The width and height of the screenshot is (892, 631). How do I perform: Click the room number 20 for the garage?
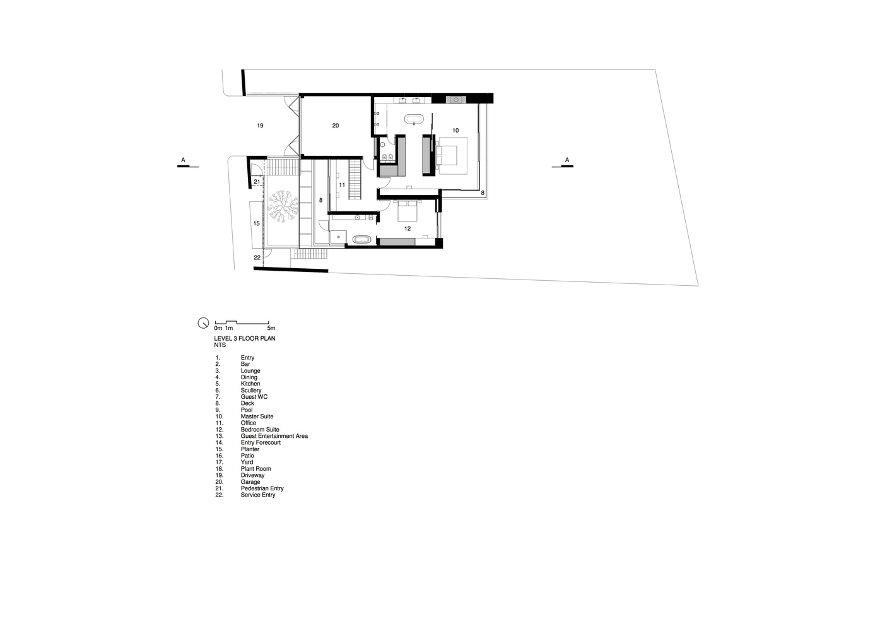point(336,126)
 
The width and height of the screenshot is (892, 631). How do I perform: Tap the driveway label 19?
point(260,126)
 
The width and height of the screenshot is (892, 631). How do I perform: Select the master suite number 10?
point(455,130)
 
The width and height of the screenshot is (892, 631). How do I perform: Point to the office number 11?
point(342,185)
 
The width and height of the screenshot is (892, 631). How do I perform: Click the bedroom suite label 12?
point(408,228)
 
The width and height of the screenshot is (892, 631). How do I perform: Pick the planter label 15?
point(257,223)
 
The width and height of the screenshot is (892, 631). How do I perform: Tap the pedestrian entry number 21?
point(257,182)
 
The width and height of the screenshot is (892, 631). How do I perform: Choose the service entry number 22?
point(257,257)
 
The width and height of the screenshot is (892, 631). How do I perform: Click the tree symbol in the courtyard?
point(283,206)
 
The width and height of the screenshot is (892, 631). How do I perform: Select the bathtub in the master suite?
point(414,119)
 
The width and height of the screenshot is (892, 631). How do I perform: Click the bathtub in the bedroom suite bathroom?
point(361,239)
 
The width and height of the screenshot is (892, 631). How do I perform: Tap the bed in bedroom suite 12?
point(407,211)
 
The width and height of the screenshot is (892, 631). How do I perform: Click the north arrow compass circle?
point(203,323)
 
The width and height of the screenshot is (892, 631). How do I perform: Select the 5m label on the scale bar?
point(271,328)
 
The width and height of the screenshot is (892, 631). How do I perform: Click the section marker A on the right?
point(566,160)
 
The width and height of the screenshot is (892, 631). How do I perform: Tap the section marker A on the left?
point(183,160)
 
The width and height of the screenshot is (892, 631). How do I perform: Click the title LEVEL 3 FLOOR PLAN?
point(245,339)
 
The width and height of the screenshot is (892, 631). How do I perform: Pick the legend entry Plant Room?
point(255,469)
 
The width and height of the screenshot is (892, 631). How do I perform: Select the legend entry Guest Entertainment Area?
point(274,436)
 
